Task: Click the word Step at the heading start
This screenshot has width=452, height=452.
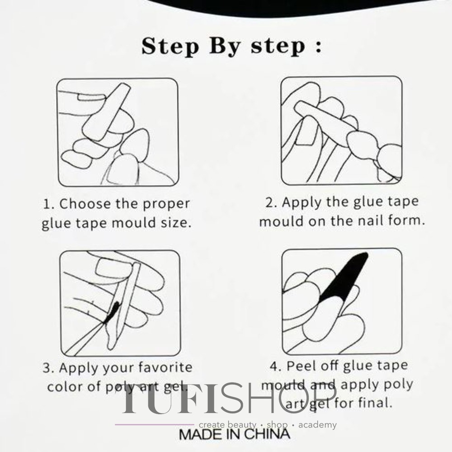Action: [x=170, y=47]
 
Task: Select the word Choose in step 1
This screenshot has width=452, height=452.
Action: [x=85, y=203]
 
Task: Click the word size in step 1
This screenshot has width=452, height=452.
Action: [x=176, y=222]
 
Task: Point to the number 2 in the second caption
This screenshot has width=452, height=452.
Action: [x=271, y=203]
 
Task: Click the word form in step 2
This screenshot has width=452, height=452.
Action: [x=406, y=221]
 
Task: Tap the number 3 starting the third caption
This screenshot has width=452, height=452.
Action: [x=47, y=368]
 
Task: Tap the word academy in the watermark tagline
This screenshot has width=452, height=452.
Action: [x=317, y=424]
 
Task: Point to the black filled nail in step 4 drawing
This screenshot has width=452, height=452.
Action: [x=344, y=278]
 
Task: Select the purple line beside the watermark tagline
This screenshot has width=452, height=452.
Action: [x=155, y=424]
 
